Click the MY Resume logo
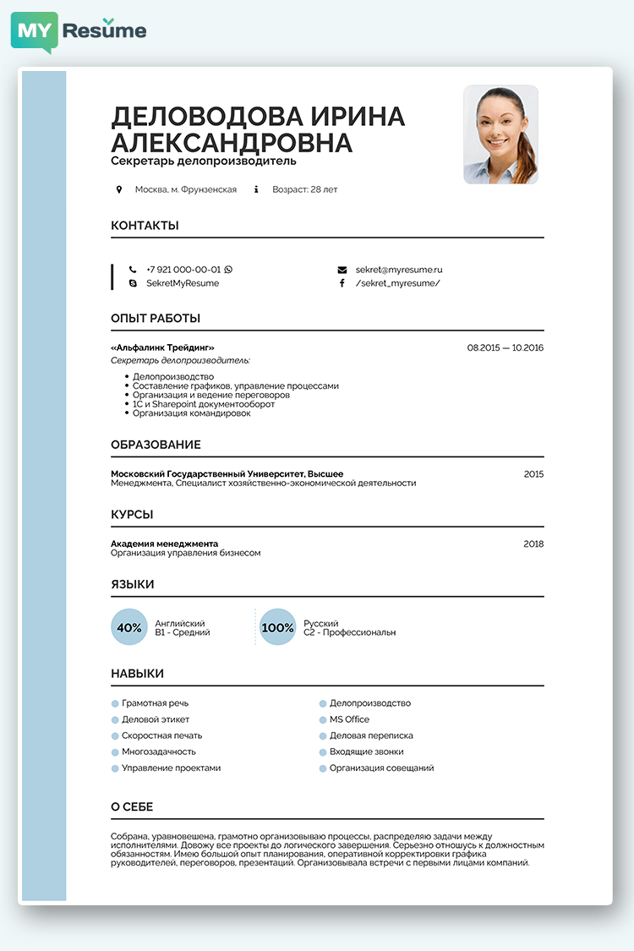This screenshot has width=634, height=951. coord(79,31)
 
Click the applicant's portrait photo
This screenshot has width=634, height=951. coord(500,134)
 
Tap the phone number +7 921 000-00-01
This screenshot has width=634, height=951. coord(183,270)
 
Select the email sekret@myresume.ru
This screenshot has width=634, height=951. coord(399,270)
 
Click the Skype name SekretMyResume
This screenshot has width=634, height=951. coord(183,283)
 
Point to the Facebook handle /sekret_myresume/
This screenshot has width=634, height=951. coord(397,283)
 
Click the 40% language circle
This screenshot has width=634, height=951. coord(129,627)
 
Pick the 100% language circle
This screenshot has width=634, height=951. coord(277,627)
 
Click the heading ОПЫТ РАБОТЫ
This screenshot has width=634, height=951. coord(156,319)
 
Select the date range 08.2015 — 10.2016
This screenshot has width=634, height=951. coord(505,347)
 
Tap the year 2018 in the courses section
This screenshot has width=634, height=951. coord(533,544)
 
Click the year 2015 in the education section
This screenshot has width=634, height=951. coord(533,474)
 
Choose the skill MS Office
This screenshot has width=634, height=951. coord(349,719)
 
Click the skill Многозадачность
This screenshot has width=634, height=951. coord(159,752)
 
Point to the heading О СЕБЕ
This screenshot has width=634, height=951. coord(132,807)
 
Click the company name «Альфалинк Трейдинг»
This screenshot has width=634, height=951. coord(162,347)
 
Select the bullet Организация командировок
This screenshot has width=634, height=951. coord(192,413)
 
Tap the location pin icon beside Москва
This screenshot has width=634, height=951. coord(119,189)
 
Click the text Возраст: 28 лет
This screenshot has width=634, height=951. coord(304,189)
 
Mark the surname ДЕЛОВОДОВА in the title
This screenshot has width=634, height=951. coord(208,117)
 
